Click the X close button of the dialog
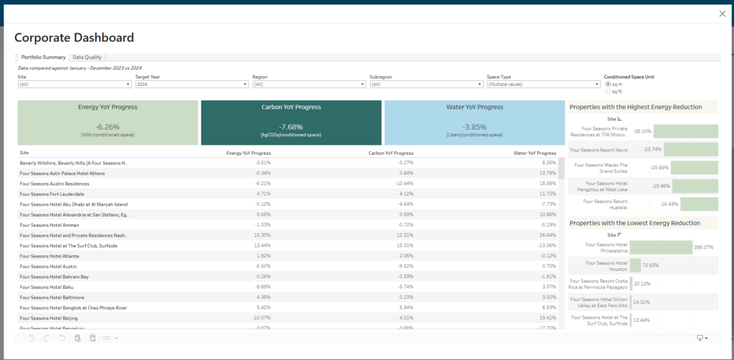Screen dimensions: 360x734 click(x=721, y=14)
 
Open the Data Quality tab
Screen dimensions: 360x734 click(x=87, y=57)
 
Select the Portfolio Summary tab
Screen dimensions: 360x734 click(x=44, y=57)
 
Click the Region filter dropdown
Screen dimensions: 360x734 click(x=309, y=84)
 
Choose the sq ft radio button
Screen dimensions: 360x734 click(x=609, y=91)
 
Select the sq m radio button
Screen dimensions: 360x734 click(x=609, y=84)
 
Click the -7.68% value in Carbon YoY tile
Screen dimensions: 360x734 click(x=290, y=127)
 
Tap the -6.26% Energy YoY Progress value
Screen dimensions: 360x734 click(x=107, y=127)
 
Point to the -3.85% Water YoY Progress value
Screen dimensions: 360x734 click(x=475, y=127)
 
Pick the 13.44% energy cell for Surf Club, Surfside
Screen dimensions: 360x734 click(x=261, y=245)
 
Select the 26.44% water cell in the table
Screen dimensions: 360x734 click(x=546, y=235)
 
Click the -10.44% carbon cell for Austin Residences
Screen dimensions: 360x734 click(x=403, y=184)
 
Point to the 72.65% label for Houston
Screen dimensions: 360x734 click(x=651, y=265)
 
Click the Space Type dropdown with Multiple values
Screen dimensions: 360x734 click(x=543, y=84)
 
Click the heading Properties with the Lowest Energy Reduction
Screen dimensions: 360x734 click(x=634, y=223)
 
